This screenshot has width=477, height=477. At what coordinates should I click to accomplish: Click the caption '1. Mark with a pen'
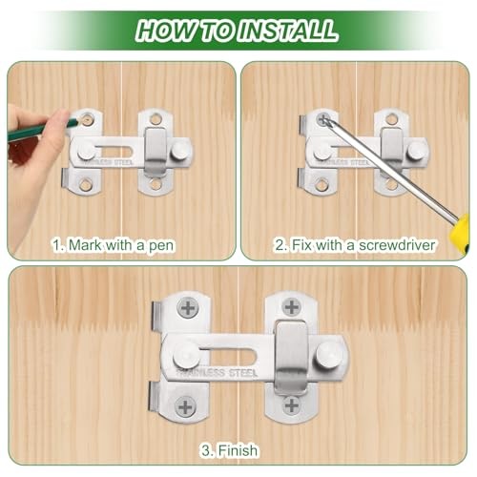point(114,245)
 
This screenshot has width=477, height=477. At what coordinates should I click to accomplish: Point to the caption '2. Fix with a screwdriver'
point(355,245)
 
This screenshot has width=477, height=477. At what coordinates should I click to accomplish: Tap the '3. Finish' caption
point(229,450)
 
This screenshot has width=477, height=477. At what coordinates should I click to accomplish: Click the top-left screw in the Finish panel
point(188,308)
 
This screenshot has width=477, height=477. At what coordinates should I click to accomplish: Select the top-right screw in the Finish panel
point(291,307)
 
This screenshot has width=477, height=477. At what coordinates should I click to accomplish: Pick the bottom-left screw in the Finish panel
point(185,406)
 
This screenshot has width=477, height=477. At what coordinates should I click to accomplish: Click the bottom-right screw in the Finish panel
point(291,405)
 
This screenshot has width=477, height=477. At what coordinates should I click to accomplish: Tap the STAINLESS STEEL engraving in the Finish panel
point(217,373)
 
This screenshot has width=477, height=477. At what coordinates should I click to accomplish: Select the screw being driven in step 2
point(323,119)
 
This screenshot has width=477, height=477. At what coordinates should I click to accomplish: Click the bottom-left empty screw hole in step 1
point(85,184)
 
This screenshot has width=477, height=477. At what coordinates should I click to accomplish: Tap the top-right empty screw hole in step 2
point(392,119)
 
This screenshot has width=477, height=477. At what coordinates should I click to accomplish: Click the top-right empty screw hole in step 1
point(155,119)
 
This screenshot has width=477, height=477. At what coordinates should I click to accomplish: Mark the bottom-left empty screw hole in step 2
point(321,184)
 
